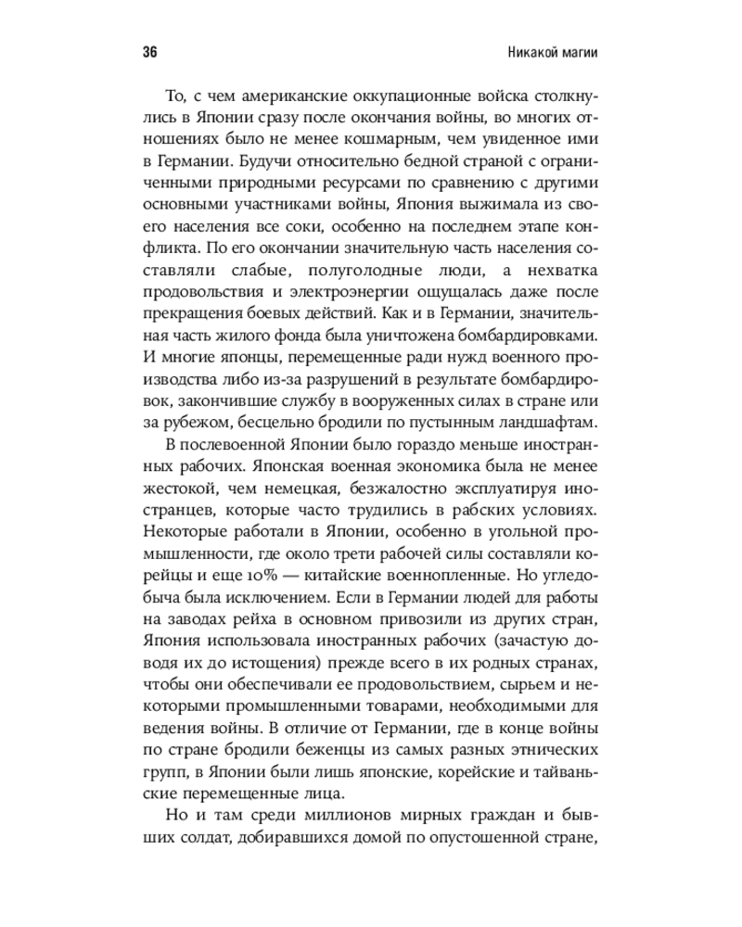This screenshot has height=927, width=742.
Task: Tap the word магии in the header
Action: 576,52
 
